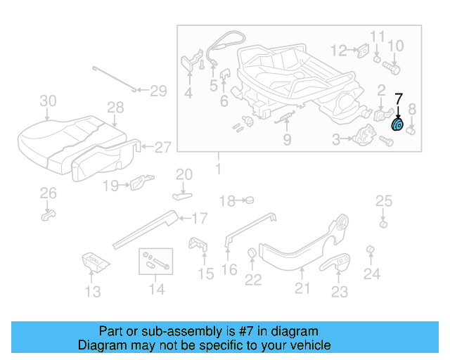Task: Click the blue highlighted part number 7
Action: [x=397, y=125]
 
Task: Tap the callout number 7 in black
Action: [x=398, y=99]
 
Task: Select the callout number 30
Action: [x=48, y=101]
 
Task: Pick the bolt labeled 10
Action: [x=392, y=68]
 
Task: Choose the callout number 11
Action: [x=378, y=37]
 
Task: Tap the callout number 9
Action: [x=287, y=140]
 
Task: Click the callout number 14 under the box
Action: [x=156, y=289]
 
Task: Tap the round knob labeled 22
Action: [x=252, y=254]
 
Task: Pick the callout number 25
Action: [x=383, y=202]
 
